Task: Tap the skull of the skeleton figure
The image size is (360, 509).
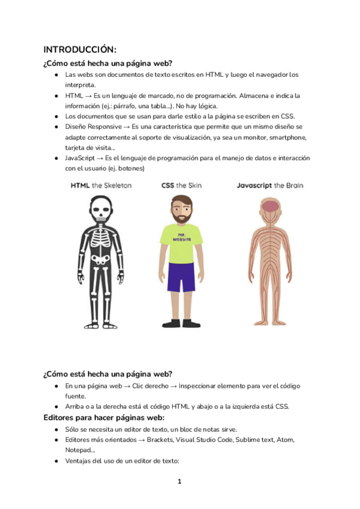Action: [100, 209]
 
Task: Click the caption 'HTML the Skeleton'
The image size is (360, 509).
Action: [101, 185]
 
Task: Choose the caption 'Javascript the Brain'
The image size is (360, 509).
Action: [269, 185]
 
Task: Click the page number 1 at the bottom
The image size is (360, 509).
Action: [179, 481]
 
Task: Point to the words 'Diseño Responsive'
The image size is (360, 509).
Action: [93, 127]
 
